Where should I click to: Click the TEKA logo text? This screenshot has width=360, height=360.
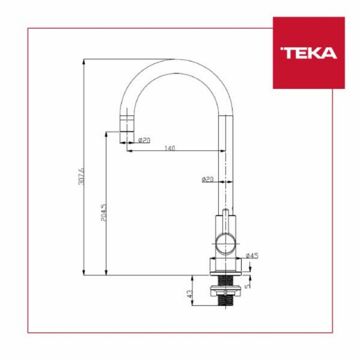[x=308, y=53]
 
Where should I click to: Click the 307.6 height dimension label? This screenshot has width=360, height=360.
[x=82, y=176]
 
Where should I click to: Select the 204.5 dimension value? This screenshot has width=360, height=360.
[x=104, y=213]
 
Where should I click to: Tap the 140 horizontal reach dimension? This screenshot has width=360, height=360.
[x=170, y=148]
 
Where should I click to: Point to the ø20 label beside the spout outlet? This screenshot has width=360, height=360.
[x=144, y=140]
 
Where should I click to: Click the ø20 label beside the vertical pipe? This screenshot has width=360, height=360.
[x=208, y=179]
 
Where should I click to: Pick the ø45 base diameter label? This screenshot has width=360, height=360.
[x=252, y=256]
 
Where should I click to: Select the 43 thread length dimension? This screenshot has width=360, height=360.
[x=190, y=294]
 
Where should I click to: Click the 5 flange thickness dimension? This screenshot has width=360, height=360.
[x=248, y=286]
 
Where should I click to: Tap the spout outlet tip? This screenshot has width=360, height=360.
[x=126, y=142]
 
